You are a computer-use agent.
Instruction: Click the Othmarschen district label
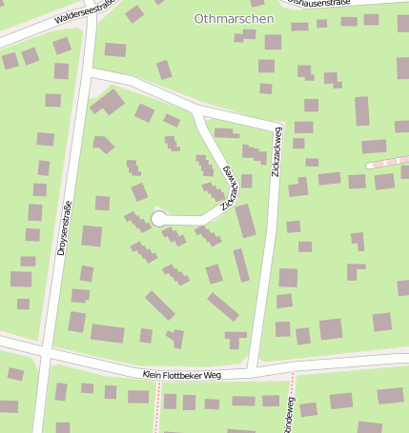[x=234, y=18]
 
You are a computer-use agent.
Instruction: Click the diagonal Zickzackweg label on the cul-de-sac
[x=230, y=188]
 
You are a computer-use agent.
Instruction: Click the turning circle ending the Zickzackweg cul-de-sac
[x=159, y=220]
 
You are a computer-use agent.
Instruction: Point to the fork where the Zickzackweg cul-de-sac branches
[x=196, y=114]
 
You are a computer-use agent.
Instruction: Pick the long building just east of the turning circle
[x=245, y=220]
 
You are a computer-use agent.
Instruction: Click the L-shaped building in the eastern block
[x=355, y=270]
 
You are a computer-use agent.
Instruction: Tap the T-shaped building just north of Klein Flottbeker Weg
[x=235, y=338]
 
